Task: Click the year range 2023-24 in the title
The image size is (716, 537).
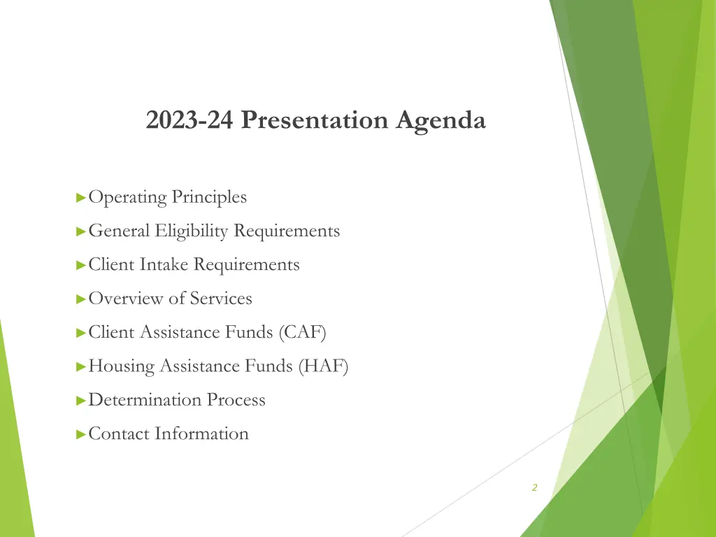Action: pyautogui.click(x=190, y=120)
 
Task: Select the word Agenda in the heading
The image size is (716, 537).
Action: pyautogui.click(x=440, y=121)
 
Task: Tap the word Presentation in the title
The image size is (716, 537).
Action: pyautogui.click(x=314, y=120)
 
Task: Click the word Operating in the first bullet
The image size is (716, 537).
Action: pyautogui.click(x=128, y=198)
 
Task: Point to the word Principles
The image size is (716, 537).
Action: pyautogui.click(x=210, y=197)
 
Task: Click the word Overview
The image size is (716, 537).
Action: pyautogui.click(x=126, y=299)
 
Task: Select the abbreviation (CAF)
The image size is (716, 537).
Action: pyautogui.click(x=302, y=332)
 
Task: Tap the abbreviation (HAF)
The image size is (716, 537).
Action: pyautogui.click(x=323, y=366)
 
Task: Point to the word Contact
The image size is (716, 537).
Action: pyautogui.click(x=120, y=434)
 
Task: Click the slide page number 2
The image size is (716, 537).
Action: pyautogui.click(x=534, y=488)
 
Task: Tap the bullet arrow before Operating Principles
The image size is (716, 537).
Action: pyautogui.click(x=81, y=198)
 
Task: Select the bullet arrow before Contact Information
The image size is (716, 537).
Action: pyautogui.click(x=81, y=434)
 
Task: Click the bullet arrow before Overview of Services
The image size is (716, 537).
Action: pyautogui.click(x=81, y=299)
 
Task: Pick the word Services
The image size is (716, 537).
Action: pyautogui.click(x=221, y=299)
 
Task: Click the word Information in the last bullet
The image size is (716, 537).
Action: pyautogui.click(x=201, y=434)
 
